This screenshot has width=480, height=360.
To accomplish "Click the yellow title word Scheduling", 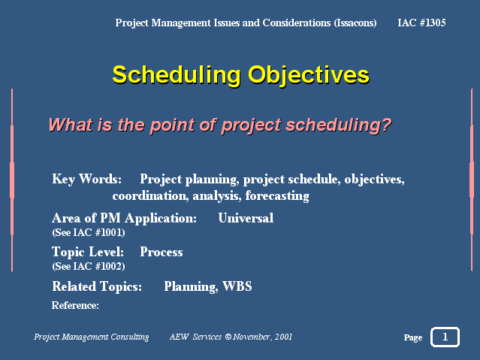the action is coord(177,75).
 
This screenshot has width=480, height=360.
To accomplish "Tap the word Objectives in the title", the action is coord(309,75).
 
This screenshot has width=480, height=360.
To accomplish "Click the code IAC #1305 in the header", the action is coord(421,23).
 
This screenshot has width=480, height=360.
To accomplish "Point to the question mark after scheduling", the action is coord(386,124).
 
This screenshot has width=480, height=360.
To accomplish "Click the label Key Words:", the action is coord(86,179).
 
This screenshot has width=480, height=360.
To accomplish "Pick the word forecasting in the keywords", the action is coord(277,196).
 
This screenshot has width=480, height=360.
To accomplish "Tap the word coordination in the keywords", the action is coord(150,195).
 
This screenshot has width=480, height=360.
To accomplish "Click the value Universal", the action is coord(246,218).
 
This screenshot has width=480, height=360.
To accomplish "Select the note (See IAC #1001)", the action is coord(89,232).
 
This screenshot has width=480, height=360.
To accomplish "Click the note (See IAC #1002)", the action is coord(89,266).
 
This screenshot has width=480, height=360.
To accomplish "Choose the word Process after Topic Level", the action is coord(162,253).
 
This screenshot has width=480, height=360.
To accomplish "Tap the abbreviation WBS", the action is coord(237,286).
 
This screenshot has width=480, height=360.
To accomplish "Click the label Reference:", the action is coord(75,305).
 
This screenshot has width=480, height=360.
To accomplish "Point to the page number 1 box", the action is coord(445,337).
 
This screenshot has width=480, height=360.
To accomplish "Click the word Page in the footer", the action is coord(413,337).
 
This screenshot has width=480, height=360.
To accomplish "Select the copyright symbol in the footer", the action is coord(228,337).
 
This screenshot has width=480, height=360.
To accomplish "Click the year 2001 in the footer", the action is coord(283,337).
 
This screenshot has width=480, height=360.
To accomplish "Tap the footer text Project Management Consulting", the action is coord(91,337).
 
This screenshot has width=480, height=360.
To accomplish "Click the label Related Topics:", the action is coord(97,287).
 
